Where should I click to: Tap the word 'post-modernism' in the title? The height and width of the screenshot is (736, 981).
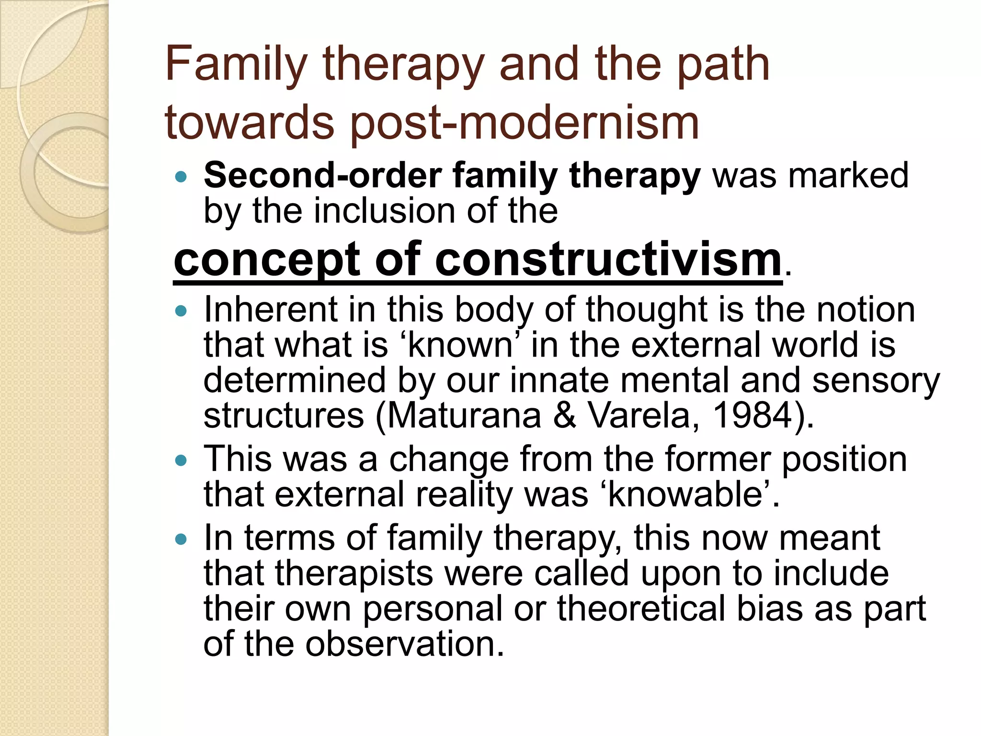(525, 123)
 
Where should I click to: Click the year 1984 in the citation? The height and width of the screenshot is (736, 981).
(752, 415)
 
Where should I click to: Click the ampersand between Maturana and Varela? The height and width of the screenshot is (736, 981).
(565, 415)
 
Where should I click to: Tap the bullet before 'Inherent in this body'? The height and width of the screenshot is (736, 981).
(181, 312)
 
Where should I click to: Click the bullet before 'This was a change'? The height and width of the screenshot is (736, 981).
(181, 461)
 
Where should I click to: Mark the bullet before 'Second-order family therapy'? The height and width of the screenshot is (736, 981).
(181, 177)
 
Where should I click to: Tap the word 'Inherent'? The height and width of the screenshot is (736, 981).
(271, 310)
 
